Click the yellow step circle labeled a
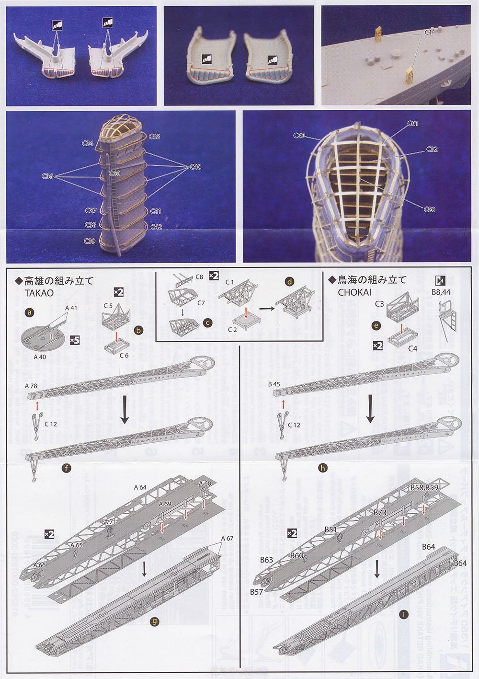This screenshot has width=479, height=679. pyautogui.click(x=30, y=312)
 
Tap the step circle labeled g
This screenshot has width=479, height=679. pyautogui.click(x=154, y=621)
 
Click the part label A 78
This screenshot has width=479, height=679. pyautogui.click(x=31, y=385)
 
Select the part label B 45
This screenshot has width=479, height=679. pyautogui.click(x=274, y=384)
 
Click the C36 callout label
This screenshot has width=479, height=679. pyautogui.click(x=47, y=176)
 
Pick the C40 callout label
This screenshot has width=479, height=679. pyautogui.click(x=195, y=167)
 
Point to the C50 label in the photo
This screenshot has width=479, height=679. pyautogui.click(x=429, y=209)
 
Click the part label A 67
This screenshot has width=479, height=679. pyautogui.click(x=227, y=539)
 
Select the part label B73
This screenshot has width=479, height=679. pyautogui.click(x=380, y=512)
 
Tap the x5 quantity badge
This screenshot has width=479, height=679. pyautogui.click(x=74, y=340)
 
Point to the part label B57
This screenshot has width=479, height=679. pyautogui.click(x=256, y=592)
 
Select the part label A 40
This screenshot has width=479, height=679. pyautogui.click(x=40, y=357)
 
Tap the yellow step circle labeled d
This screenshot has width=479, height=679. pyautogui.click(x=289, y=282)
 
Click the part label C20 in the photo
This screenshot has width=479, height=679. pyautogui.click(x=299, y=136)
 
